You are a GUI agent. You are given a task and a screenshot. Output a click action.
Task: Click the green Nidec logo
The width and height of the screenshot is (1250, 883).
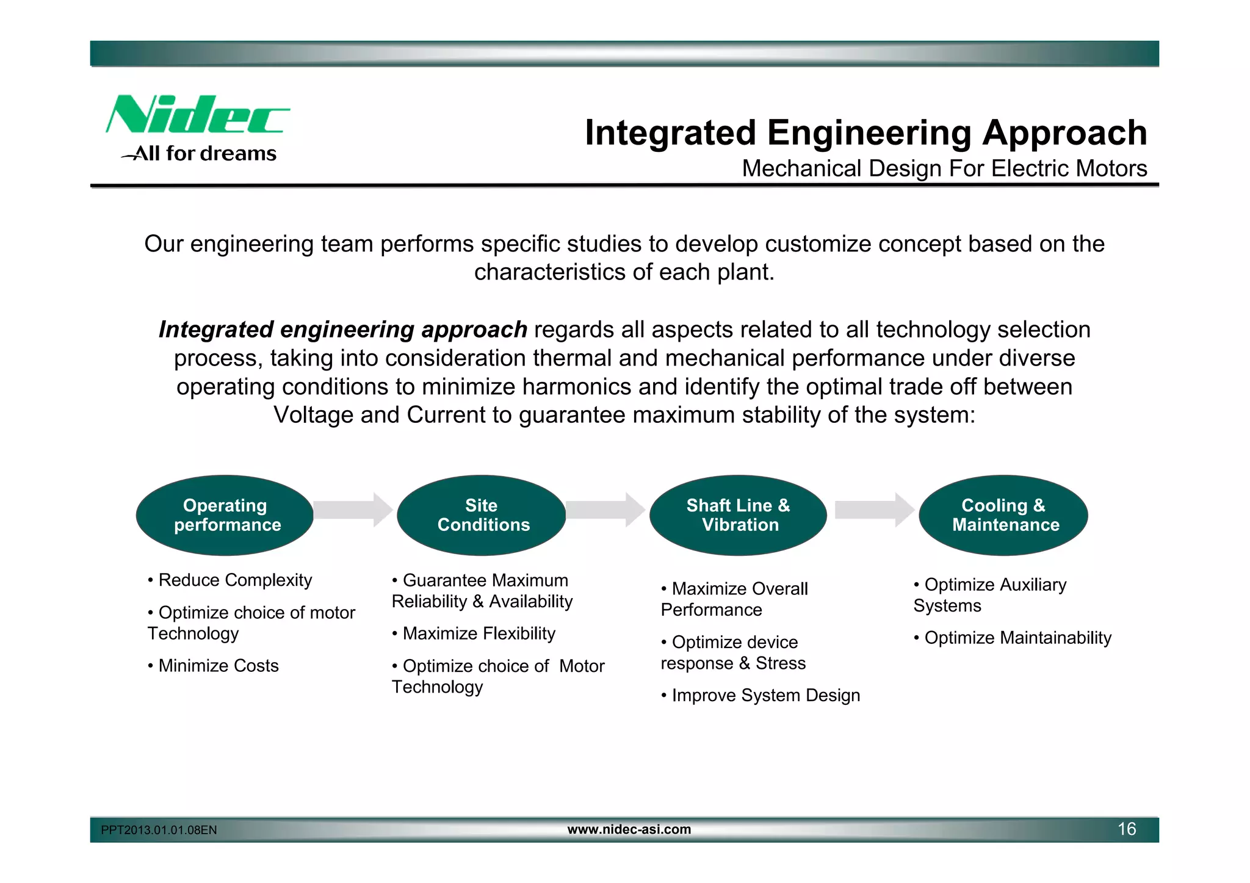[x=197, y=115]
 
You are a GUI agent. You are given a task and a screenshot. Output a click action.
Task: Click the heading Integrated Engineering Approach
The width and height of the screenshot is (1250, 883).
[x=865, y=132]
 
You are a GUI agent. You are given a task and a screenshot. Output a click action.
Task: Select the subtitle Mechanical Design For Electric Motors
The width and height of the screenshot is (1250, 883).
[x=944, y=168]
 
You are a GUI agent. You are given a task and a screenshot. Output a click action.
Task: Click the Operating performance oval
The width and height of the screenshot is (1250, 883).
[x=225, y=515]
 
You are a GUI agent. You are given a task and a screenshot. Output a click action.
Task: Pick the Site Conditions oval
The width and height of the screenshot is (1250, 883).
[x=482, y=515]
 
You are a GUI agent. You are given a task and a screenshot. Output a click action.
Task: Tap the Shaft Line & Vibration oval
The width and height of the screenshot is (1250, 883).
[x=738, y=515]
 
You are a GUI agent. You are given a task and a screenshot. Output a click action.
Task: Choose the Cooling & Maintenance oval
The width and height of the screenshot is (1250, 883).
[x=1004, y=515]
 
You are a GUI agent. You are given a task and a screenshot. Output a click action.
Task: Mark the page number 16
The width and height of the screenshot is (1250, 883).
[x=1126, y=829]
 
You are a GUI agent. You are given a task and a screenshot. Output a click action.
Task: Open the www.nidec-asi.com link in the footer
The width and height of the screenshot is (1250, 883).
[x=629, y=829]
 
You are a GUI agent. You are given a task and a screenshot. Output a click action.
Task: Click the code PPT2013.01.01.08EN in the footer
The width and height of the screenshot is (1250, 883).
[x=159, y=830]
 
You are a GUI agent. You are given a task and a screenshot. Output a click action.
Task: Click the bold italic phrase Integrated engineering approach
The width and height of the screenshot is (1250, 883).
[x=342, y=330]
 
